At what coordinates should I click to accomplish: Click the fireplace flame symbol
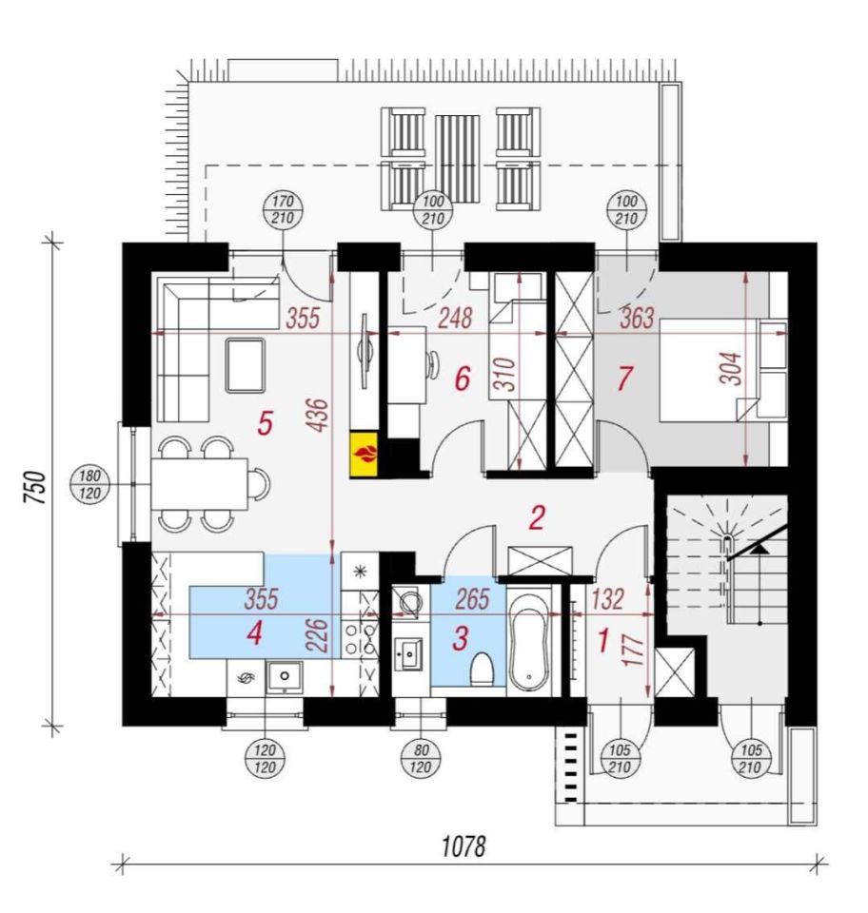click(365, 455)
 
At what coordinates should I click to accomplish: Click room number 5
click(265, 422)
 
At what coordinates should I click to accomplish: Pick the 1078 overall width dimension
click(464, 846)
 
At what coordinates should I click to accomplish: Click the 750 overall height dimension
click(34, 486)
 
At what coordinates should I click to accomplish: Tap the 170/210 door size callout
click(283, 210)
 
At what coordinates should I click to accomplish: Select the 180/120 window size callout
click(89, 485)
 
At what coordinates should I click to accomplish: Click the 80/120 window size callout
click(421, 759)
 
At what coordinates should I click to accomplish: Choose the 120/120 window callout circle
click(265, 759)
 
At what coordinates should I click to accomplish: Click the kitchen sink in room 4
click(285, 676)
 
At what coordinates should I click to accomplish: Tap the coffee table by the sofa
click(246, 365)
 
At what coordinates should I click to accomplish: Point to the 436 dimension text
click(319, 416)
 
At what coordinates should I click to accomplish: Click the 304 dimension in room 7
click(732, 369)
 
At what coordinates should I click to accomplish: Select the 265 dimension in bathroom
click(472, 599)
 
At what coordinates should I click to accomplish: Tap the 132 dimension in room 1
click(607, 599)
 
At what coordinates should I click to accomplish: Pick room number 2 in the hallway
click(537, 517)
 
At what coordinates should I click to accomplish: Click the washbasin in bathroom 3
click(409, 653)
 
